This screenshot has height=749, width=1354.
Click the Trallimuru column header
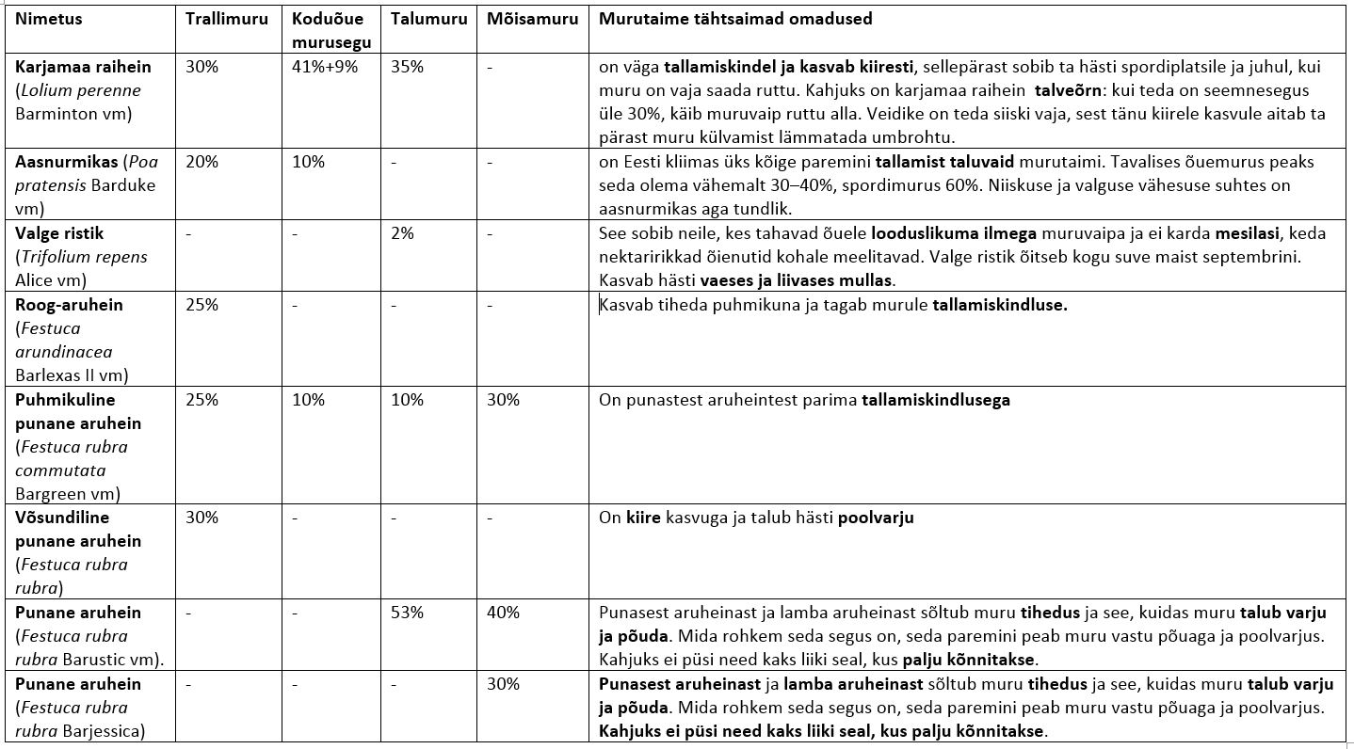(226, 19)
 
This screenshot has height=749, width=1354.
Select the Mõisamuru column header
(532, 19)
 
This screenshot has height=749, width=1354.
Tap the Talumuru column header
(427, 19)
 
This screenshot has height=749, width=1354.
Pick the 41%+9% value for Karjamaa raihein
(325, 68)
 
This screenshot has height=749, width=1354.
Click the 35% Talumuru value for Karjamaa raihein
(408, 68)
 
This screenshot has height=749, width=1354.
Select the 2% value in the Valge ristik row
(402, 233)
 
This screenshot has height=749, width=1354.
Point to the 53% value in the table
(408, 613)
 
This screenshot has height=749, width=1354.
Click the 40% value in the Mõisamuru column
(503, 613)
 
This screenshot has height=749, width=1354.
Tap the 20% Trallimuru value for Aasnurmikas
(202, 162)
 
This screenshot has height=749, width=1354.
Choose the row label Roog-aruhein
(69, 305)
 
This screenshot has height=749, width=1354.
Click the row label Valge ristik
(59, 233)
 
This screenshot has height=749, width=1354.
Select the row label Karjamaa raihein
(83, 68)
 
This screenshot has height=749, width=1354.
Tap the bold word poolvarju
(876, 518)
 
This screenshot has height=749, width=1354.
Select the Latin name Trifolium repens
(84, 257)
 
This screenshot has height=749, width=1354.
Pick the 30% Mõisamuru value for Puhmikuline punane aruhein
(503, 400)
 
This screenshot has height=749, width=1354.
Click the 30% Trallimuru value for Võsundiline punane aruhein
(202, 518)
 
